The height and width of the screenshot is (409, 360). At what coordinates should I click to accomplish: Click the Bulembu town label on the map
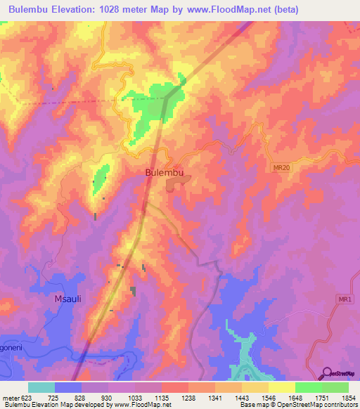pyautogui.click(x=165, y=171)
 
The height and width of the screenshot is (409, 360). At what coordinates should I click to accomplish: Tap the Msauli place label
pyautogui.click(x=68, y=299)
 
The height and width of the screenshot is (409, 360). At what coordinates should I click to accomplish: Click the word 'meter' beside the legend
pyautogui.click(x=11, y=397)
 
